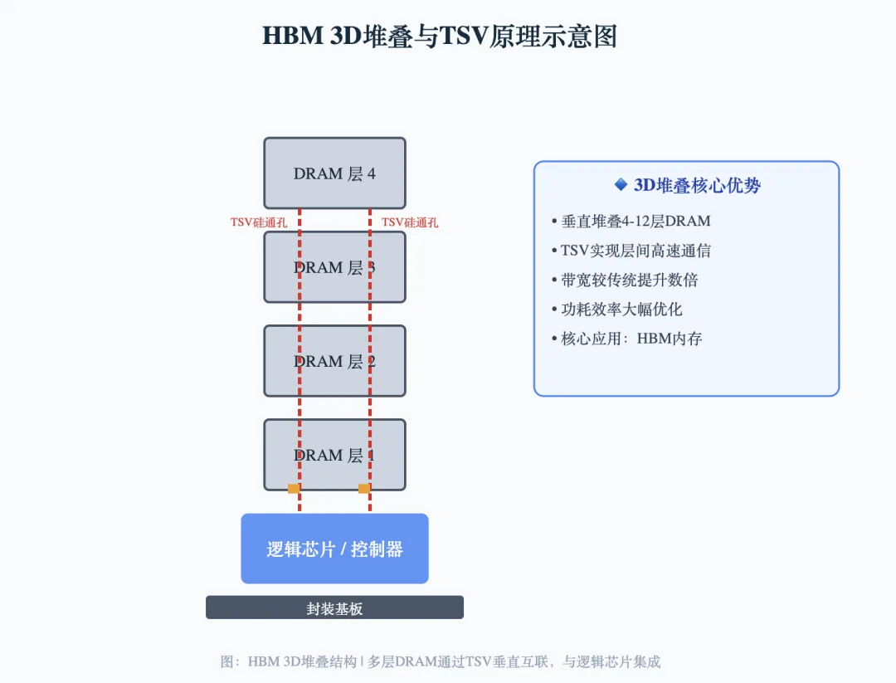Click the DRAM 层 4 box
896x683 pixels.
coord(334,173)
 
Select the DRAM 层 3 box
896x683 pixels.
coord(334,266)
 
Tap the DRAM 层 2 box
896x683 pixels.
coord(334,360)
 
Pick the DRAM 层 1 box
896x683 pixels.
coord(334,454)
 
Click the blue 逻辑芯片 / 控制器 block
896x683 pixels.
coord(334,549)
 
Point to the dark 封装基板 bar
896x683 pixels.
coord(334,607)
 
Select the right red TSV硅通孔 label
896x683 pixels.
coord(410,222)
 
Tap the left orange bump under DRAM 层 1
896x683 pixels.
coord(294,488)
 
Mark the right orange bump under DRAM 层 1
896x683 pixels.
coord(364,488)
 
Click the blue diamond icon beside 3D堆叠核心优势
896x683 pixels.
coord(621,184)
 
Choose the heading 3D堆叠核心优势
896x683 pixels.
coord(697,185)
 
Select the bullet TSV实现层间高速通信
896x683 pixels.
coord(635,251)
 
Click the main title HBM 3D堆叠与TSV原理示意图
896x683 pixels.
coord(440,37)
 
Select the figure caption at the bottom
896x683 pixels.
coord(440,661)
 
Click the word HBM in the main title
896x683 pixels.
coord(290,37)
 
